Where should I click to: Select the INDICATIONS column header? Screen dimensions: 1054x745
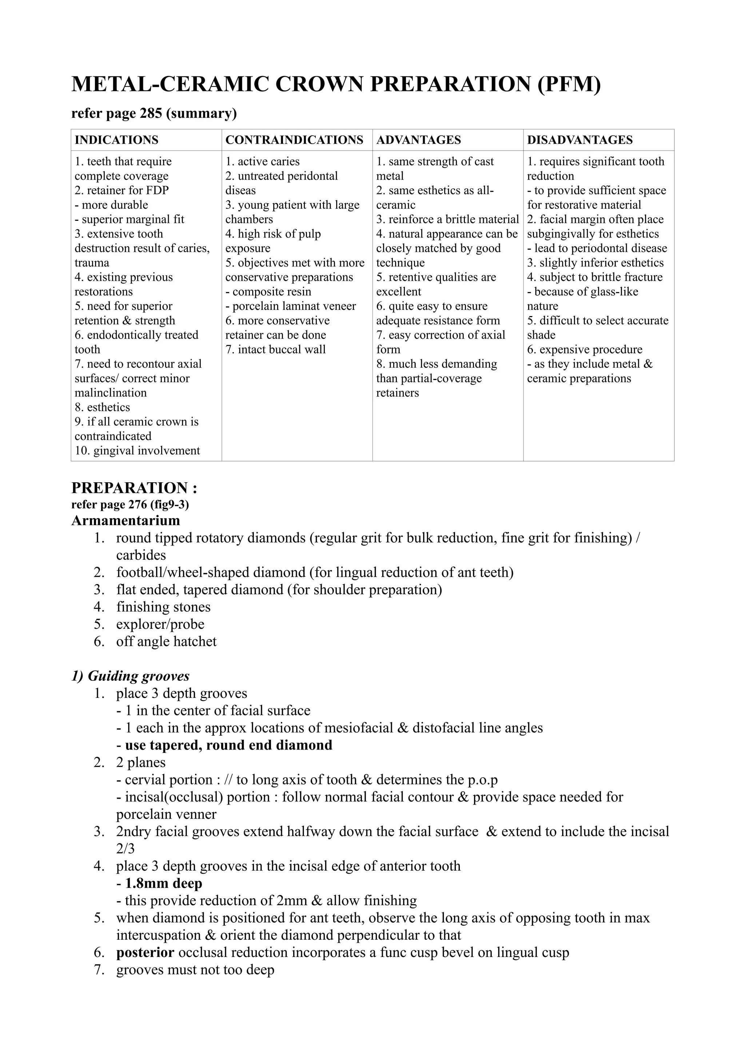pyautogui.click(x=117, y=140)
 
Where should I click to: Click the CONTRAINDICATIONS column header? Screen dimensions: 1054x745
pyautogui.click(x=294, y=140)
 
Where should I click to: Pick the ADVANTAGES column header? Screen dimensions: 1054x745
pyautogui.click(x=418, y=140)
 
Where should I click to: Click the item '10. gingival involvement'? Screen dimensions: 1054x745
pyautogui.click(x=137, y=450)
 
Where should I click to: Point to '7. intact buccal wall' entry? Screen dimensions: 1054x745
pyautogui.click(x=275, y=350)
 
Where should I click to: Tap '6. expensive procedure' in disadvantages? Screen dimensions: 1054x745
pyautogui.click(x=584, y=350)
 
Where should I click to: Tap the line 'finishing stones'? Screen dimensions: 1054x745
pyautogui.click(x=163, y=607)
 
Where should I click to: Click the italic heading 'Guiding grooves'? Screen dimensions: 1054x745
pyautogui.click(x=138, y=676)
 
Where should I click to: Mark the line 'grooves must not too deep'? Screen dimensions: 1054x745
pyautogui.click(x=195, y=970)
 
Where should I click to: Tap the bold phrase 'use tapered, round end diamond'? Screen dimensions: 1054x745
pyautogui.click(x=228, y=745)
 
